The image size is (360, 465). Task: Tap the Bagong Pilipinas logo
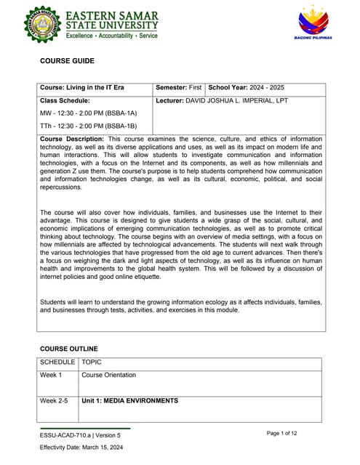click(314, 23)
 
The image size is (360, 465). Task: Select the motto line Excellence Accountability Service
click(112, 36)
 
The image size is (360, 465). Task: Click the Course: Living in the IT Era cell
click(82, 88)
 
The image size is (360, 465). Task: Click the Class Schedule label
click(65, 100)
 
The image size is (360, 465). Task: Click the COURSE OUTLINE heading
click(68, 349)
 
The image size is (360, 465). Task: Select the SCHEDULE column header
click(57, 361)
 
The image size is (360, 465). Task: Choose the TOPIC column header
click(92, 361)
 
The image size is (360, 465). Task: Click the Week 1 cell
click(51, 375)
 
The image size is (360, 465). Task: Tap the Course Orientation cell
click(108, 375)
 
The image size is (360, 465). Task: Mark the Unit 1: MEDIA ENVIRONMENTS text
click(129, 400)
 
